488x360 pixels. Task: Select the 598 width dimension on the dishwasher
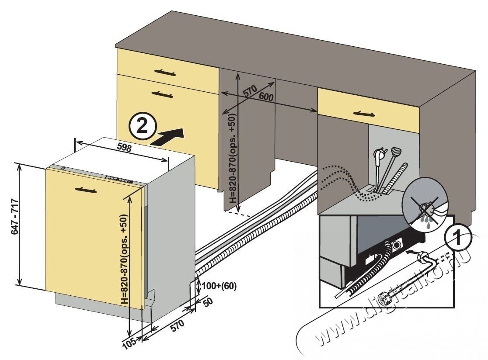(x=124, y=148)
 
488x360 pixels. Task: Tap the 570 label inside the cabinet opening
(x=249, y=91)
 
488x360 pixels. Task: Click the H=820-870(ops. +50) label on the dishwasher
(x=125, y=260)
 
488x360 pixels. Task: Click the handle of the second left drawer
(x=162, y=93)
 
